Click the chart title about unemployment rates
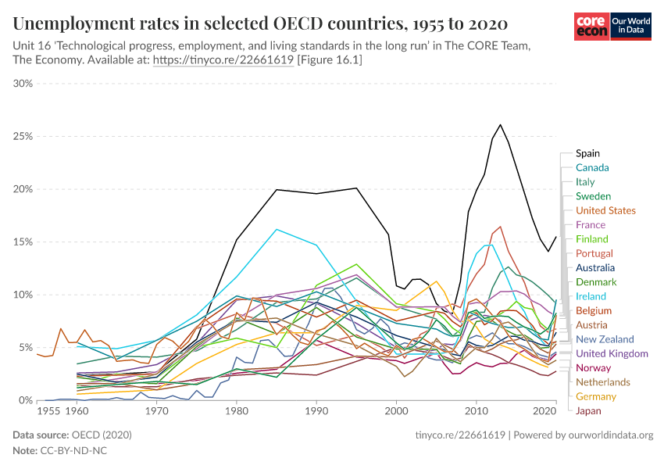point(260,21)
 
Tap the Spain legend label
point(587,153)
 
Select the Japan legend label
point(588,410)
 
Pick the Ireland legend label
point(591,296)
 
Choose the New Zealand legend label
point(605,339)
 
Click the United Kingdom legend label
point(612,353)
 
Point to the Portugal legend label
point(594,253)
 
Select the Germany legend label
point(596,396)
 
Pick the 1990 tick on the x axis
point(316,409)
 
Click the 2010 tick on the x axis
point(476,409)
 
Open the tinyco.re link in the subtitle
point(223,59)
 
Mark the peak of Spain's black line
point(500,124)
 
